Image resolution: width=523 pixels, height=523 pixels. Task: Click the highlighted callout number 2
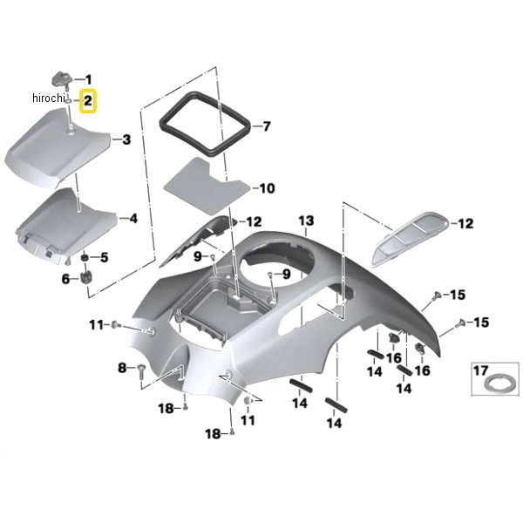88,101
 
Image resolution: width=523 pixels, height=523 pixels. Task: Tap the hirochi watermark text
48,98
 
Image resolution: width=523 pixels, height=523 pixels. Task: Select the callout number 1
88,79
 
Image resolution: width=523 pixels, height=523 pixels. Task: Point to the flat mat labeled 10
207,187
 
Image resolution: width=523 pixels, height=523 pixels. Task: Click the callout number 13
306,221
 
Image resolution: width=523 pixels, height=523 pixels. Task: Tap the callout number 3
126,139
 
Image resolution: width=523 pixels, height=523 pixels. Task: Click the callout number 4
133,219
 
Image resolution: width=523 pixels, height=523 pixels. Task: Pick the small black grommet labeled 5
85,257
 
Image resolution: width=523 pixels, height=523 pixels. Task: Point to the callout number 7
267,126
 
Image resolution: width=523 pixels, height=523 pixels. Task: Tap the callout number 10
267,188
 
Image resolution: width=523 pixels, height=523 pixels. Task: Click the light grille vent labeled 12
410,238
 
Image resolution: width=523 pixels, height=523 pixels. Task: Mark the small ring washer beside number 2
68,101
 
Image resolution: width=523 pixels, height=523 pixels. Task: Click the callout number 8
122,368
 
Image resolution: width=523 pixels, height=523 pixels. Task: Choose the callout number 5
104,257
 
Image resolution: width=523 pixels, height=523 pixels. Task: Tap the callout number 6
65,279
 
